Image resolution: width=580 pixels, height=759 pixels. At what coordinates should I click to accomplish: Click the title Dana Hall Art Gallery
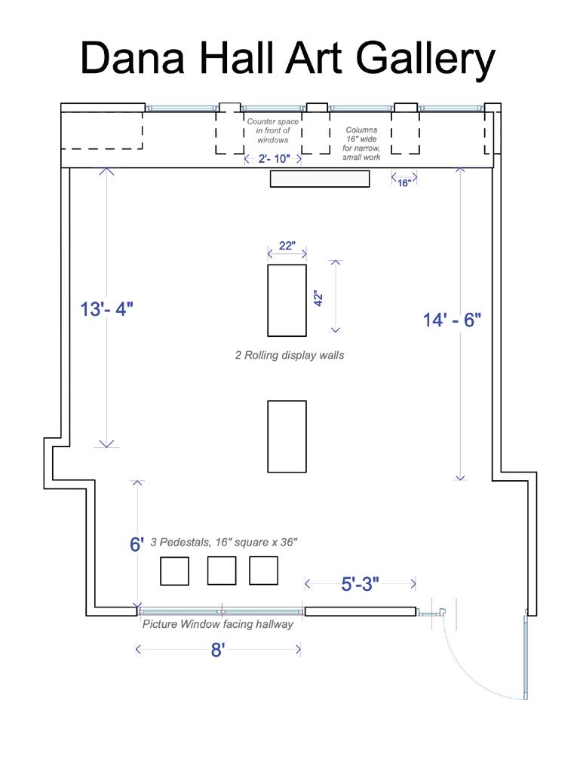tap(288, 58)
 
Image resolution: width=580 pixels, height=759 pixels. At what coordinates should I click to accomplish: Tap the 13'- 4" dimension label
tap(106, 309)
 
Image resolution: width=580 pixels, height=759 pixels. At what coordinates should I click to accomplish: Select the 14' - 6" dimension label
tap(452, 320)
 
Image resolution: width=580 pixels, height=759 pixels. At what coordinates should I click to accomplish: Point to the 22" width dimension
tap(287, 246)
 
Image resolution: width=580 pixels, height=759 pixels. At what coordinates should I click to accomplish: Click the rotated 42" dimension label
tap(318, 298)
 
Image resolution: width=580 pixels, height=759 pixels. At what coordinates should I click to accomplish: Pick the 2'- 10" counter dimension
tap(274, 158)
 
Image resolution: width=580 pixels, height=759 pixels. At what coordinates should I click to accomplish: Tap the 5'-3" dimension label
tap(360, 584)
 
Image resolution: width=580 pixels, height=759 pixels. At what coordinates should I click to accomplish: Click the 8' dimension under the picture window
tap(218, 650)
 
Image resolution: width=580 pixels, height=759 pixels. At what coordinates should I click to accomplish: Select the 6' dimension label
tap(137, 544)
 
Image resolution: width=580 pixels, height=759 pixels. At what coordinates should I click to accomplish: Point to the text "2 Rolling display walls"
tap(290, 355)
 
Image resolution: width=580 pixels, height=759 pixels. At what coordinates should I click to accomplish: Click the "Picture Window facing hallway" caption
tap(217, 624)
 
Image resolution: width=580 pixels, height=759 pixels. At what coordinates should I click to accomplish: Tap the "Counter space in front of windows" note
tap(273, 130)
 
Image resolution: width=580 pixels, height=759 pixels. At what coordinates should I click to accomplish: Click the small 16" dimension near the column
tap(404, 183)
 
